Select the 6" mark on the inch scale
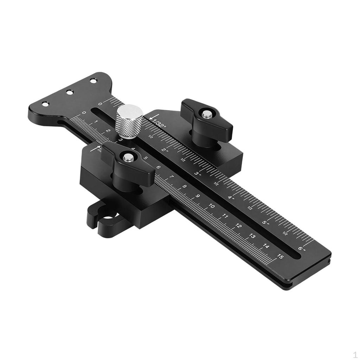click(302, 249)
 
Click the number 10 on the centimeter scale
click(212, 206)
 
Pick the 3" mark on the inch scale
click(198, 174)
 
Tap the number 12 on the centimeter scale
click(239, 226)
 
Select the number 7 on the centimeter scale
click(171, 177)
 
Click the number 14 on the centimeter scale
click(266, 246)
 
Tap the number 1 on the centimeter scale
click(96, 122)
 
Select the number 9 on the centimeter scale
click(198, 196)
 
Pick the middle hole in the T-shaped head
click(70, 92)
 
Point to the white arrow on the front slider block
click(94, 148)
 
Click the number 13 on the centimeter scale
click(252, 236)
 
